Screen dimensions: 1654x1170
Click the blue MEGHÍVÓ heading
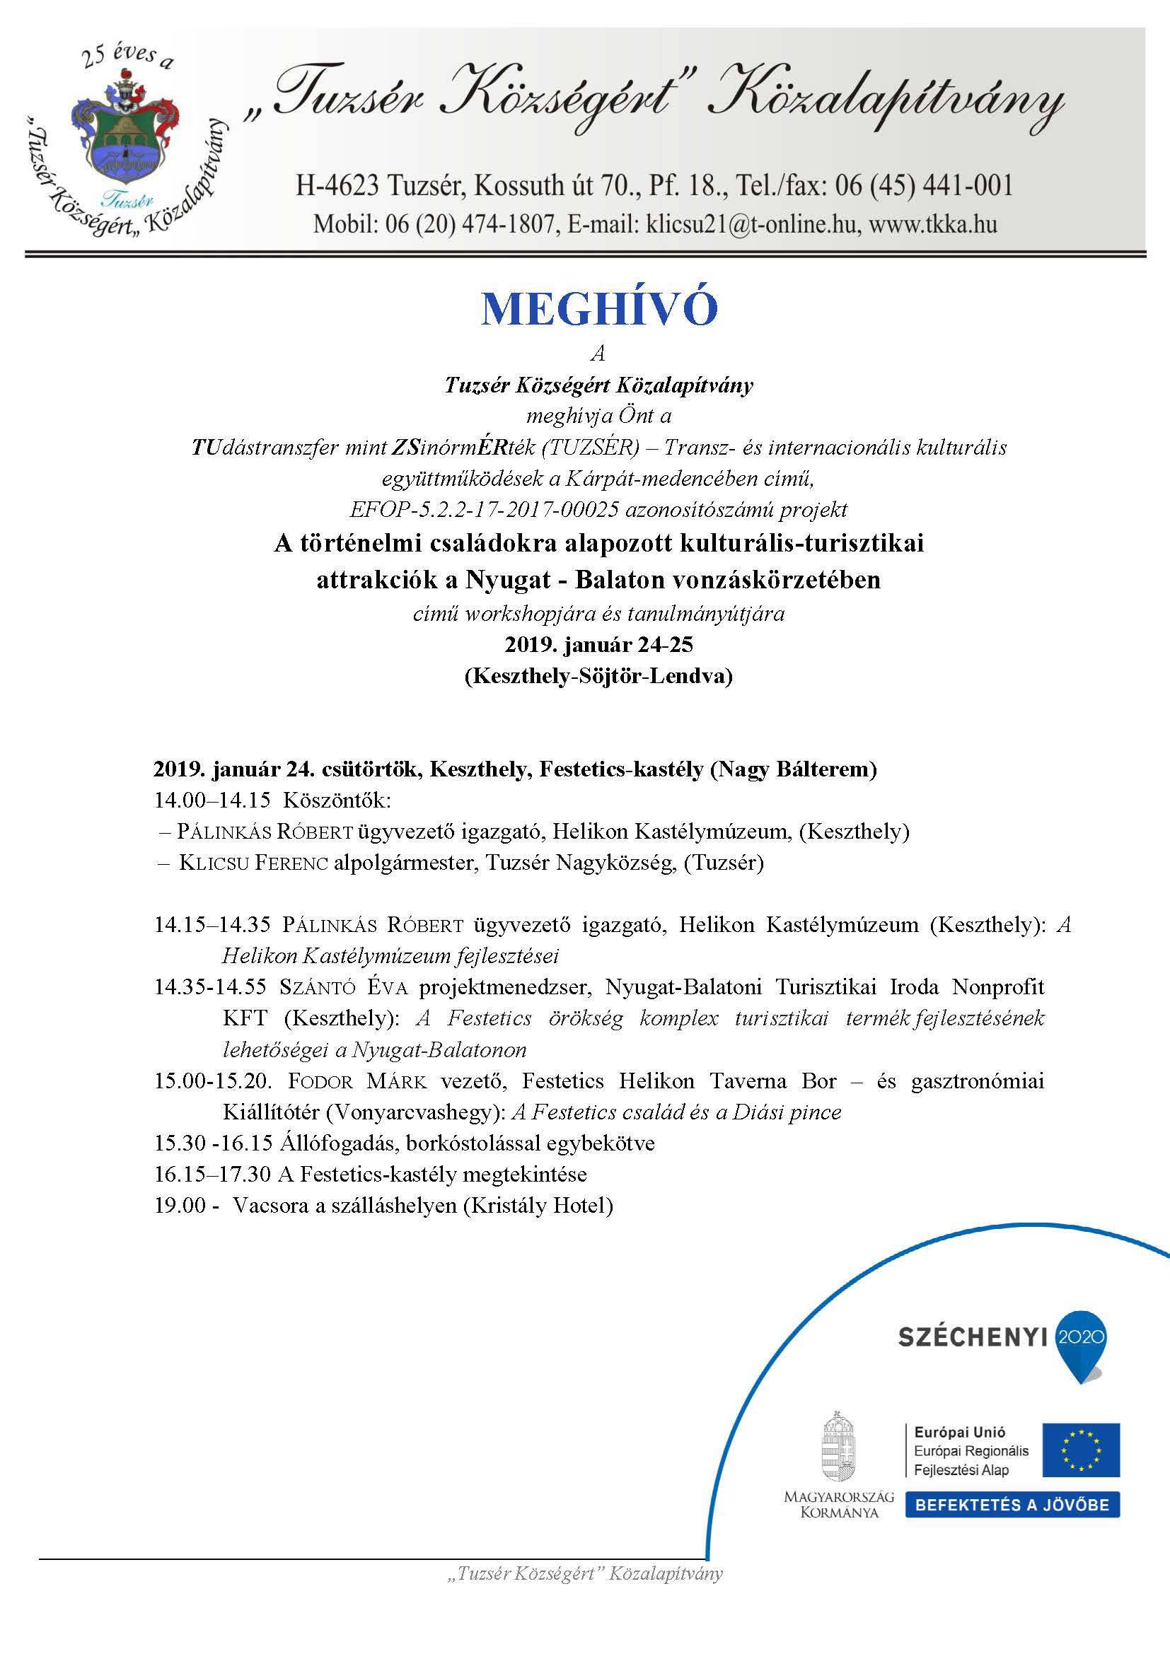598,308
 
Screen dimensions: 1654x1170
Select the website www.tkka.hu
933,224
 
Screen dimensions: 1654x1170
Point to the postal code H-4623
337,186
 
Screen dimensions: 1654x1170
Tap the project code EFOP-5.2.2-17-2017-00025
484,510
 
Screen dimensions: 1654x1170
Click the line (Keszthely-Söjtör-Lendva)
598,676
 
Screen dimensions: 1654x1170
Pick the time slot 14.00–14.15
212,800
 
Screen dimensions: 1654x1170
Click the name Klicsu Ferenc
254,862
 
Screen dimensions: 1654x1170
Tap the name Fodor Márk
357,1081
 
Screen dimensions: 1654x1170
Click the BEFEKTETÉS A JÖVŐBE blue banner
1012,1506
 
